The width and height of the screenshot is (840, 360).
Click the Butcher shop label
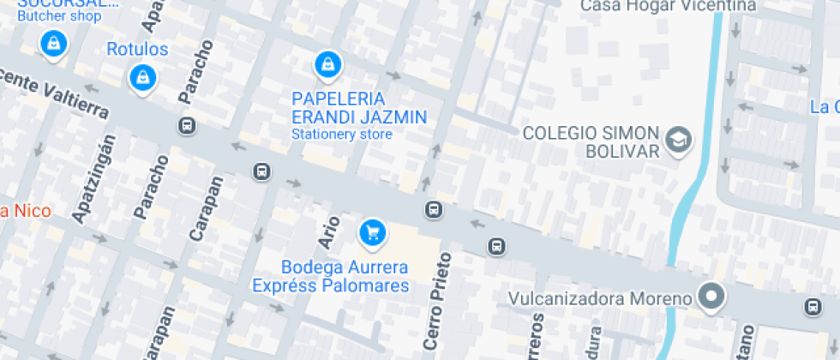pyautogui.click(x=58, y=16)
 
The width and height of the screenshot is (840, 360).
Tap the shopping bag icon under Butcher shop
pyautogui.click(x=54, y=43)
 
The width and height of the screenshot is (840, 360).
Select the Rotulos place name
pyautogui.click(x=137, y=49)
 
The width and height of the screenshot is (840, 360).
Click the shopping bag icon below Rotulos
pyautogui.click(x=141, y=78)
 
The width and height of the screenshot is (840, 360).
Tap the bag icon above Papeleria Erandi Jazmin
pyautogui.click(x=327, y=63)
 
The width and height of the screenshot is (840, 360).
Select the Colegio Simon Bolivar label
pyautogui.click(x=591, y=141)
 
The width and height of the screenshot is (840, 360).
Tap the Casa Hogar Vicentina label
pyautogui.click(x=669, y=6)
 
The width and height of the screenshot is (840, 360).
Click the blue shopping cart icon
pyautogui.click(x=372, y=231)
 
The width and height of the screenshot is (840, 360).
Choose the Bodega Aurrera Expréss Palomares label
pyautogui.click(x=331, y=276)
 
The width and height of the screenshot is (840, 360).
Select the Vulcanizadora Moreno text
pyautogui.click(x=600, y=299)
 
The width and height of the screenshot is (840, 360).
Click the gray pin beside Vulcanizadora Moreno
pyautogui.click(x=711, y=297)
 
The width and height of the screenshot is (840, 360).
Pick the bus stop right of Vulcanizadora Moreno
pyautogui.click(x=812, y=306)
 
